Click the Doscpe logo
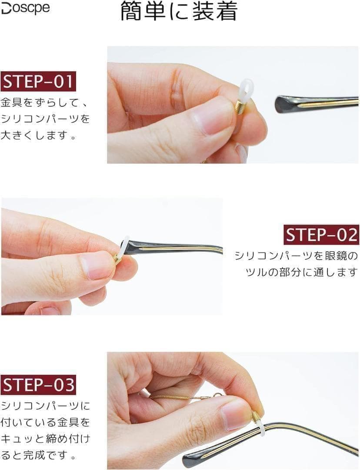26,8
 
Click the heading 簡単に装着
179,11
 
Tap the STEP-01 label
38,81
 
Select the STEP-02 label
321,235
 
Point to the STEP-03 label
38,385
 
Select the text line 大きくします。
38,135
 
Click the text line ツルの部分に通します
302,272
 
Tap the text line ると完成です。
38,455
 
